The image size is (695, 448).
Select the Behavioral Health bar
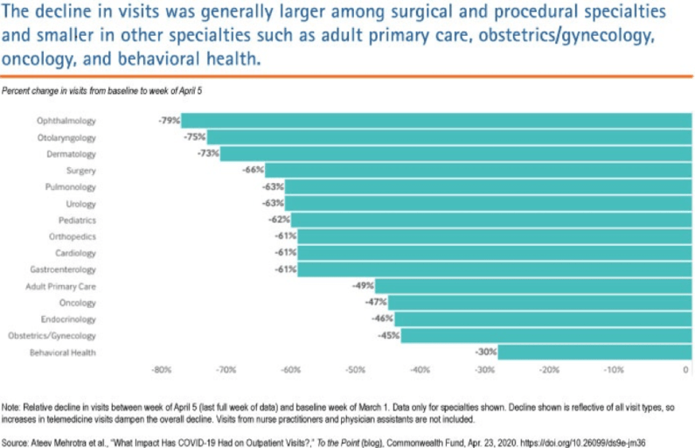(x=594, y=352)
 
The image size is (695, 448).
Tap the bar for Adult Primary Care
(x=533, y=285)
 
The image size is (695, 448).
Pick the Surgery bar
(x=477, y=170)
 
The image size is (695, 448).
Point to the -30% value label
(x=485, y=352)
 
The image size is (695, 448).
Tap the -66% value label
(x=253, y=170)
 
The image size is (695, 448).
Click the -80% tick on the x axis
(x=161, y=370)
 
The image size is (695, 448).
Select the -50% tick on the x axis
(x=356, y=370)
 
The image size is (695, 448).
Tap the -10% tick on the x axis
(x=615, y=370)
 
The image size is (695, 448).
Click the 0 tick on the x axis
(x=686, y=370)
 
